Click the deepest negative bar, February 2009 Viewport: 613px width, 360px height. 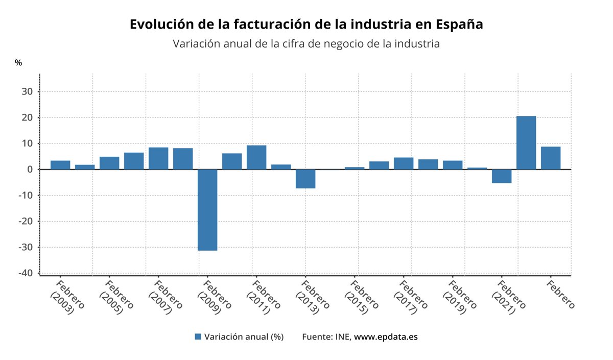tap(207, 210)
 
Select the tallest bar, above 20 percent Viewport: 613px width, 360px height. tap(526, 143)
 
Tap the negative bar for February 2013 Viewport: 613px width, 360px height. tap(305, 179)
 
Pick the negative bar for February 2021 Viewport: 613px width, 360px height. tap(502, 176)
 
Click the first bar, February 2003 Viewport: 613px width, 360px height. tap(60, 165)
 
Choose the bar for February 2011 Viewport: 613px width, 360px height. tap(256, 157)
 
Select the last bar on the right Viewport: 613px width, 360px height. tap(551, 158)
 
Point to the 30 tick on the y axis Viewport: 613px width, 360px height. tap(27, 92)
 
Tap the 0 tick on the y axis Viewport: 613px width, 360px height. tap(30, 170)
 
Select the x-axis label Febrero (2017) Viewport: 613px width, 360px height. tap(410, 296)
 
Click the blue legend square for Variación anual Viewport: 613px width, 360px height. tap(198, 337)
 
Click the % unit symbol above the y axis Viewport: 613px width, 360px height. tap(18, 63)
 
